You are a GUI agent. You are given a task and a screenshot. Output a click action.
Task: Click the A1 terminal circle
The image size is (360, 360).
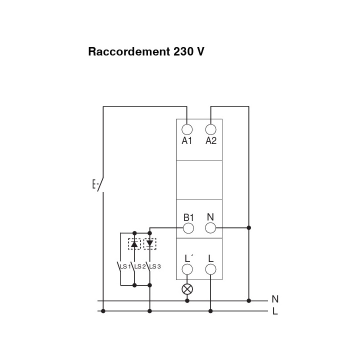pyautogui.click(x=187, y=129)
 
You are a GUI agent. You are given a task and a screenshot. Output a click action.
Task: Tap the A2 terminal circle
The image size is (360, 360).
pyautogui.click(x=211, y=129)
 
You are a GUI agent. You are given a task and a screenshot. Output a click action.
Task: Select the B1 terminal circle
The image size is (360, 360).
pyautogui.click(x=188, y=228)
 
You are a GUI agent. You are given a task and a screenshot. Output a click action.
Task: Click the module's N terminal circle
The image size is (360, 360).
pyautogui.click(x=210, y=228)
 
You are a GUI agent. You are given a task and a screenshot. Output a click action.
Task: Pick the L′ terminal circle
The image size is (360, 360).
pyautogui.click(x=187, y=269)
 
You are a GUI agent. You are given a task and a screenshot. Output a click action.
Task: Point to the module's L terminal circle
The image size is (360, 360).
pyautogui.click(x=210, y=269)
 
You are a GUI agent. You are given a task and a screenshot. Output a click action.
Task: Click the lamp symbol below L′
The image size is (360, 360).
pyautogui.click(x=187, y=289)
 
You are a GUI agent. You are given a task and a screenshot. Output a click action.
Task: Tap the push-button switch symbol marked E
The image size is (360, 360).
pyautogui.click(x=98, y=184)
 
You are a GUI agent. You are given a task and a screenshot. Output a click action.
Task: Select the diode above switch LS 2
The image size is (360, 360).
pyautogui.click(x=134, y=244)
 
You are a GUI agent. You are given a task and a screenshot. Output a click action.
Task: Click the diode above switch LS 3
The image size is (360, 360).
pyautogui.click(x=149, y=244)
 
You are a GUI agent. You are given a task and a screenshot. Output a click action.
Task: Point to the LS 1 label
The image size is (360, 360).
pyautogui.click(x=125, y=266)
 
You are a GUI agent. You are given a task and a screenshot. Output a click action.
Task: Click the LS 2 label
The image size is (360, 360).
pyautogui.click(x=140, y=266)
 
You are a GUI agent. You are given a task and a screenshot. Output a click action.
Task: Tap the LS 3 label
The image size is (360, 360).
pyautogui.click(x=155, y=266)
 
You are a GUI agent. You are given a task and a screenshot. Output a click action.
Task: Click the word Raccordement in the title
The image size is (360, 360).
pyautogui.click(x=129, y=51)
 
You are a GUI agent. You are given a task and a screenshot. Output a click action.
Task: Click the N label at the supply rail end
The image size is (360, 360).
pyautogui.click(x=275, y=299)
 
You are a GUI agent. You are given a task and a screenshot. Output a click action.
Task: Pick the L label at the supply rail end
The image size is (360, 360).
pyautogui.click(x=275, y=311)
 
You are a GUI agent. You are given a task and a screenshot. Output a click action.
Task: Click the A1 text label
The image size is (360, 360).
pyautogui.click(x=186, y=140)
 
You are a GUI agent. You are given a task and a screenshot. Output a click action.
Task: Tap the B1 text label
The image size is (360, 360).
pyautogui.click(x=188, y=217)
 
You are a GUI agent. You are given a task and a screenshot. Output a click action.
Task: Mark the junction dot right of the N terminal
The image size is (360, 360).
pyautogui.click(x=248, y=228)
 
